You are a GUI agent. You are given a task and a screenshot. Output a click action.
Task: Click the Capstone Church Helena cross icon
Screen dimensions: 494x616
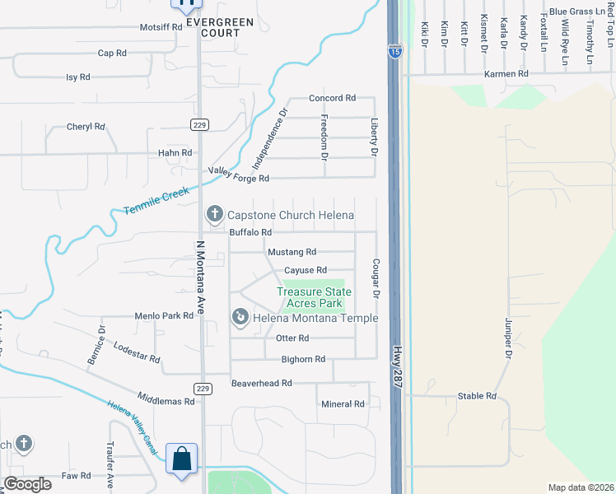click(x=215, y=216)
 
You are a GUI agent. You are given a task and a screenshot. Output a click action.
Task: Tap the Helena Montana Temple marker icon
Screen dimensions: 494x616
click(x=240, y=317)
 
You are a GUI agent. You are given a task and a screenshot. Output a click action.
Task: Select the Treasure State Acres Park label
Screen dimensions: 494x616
click(x=314, y=297)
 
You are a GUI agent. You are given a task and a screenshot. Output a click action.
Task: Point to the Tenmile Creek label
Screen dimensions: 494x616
click(x=156, y=201)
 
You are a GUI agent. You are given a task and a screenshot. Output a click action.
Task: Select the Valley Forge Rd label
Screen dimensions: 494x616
click(x=239, y=175)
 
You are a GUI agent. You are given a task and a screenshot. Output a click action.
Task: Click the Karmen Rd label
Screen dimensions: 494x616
click(x=506, y=74)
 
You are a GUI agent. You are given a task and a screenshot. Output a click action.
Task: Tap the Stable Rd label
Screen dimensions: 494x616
click(x=478, y=396)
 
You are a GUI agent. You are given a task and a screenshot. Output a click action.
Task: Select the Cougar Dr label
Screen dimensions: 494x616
click(x=375, y=278)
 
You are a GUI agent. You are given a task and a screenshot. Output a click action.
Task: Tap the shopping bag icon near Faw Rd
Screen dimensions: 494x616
click(x=181, y=459)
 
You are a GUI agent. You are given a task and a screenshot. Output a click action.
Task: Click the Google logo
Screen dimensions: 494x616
click(x=28, y=485)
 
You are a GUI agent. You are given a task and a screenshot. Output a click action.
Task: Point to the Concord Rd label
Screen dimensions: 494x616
click(x=332, y=98)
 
